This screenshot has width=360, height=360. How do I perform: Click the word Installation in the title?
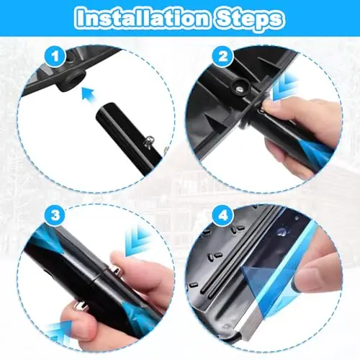(x=143, y=18)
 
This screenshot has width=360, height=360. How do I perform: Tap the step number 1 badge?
(x=55, y=57)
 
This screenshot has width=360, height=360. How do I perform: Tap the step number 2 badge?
(x=223, y=57)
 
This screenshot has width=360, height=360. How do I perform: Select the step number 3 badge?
(x=55, y=215)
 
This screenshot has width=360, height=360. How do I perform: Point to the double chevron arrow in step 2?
(x=285, y=87)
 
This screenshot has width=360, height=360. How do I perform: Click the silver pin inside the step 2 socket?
(x=240, y=89)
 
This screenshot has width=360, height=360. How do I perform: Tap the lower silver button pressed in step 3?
(x=81, y=305)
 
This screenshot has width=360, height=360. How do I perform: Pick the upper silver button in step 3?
(x=116, y=271)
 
